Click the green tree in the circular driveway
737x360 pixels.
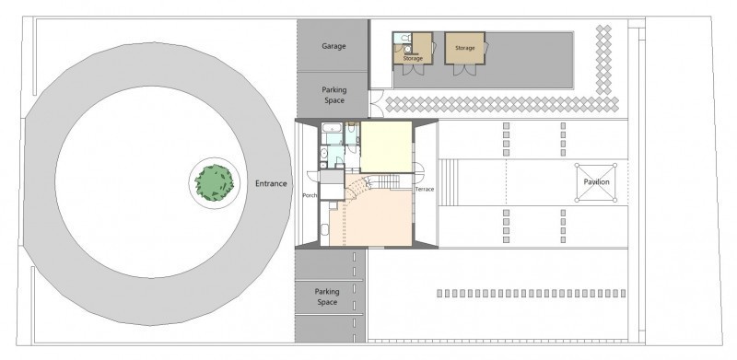(215, 183)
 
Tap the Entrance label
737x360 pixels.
(271, 184)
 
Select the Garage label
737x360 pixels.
(333, 46)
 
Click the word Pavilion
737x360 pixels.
(596, 182)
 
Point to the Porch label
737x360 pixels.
(310, 195)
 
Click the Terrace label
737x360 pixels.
(425, 190)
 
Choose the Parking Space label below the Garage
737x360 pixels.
(333, 95)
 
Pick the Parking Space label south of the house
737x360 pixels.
(327, 297)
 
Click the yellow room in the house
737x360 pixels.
(386, 146)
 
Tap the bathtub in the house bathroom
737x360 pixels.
(332, 127)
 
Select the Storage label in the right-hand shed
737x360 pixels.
(465, 48)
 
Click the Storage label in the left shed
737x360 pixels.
(413, 59)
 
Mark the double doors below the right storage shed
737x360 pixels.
(464, 70)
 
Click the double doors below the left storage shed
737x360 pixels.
(413, 70)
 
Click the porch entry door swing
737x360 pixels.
(313, 175)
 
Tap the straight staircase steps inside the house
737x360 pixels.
(389, 181)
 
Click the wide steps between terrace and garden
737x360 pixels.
(449, 182)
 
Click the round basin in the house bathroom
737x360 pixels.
(324, 153)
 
